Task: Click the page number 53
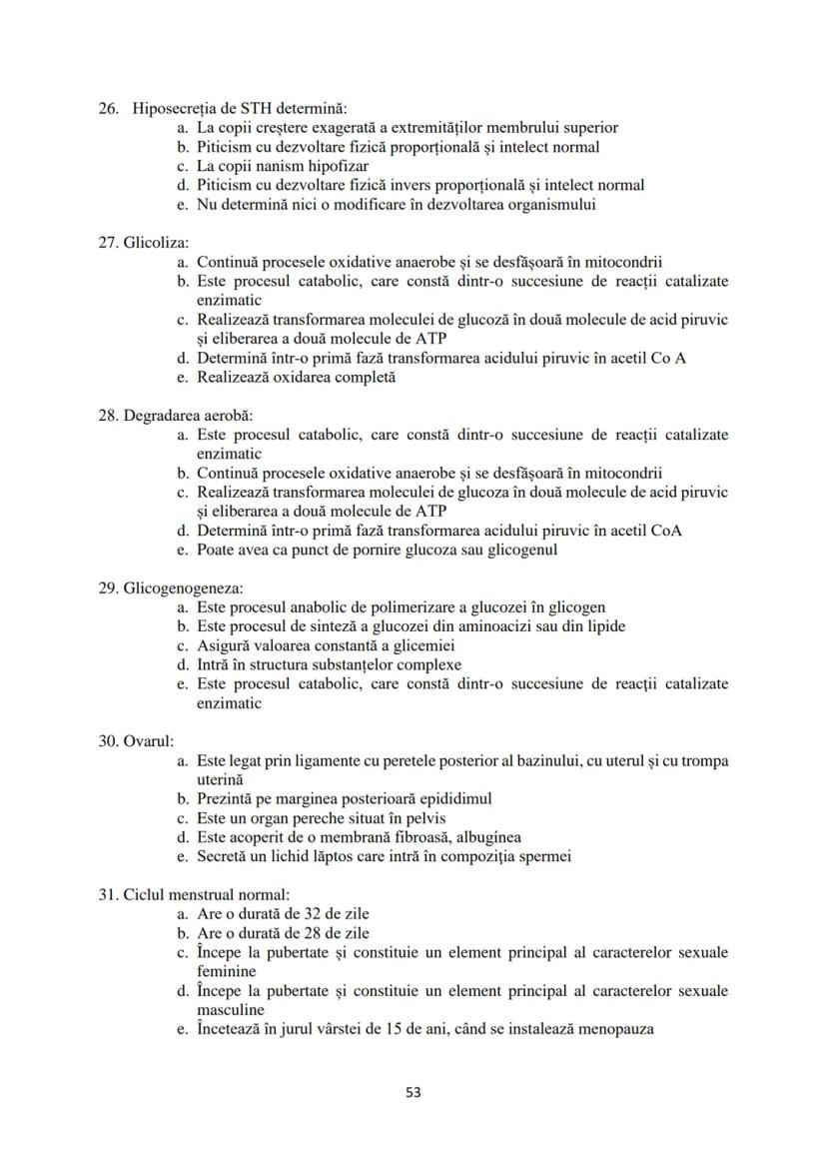pyautogui.click(x=413, y=1092)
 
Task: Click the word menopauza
pyautogui.click(x=612, y=1028)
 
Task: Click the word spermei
pyautogui.click(x=545, y=855)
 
